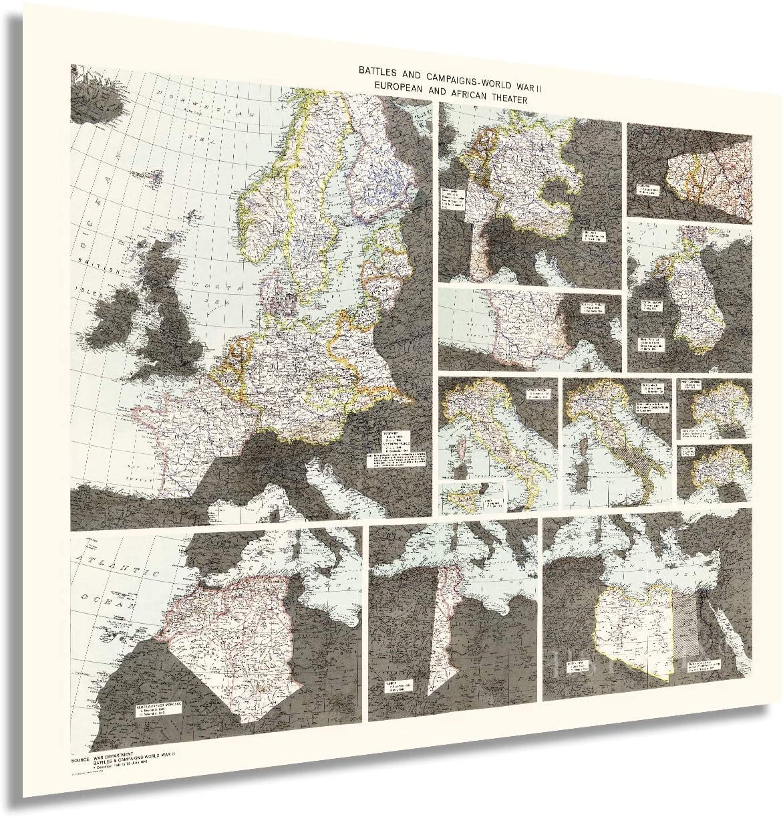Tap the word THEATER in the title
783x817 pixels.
[506, 99]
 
